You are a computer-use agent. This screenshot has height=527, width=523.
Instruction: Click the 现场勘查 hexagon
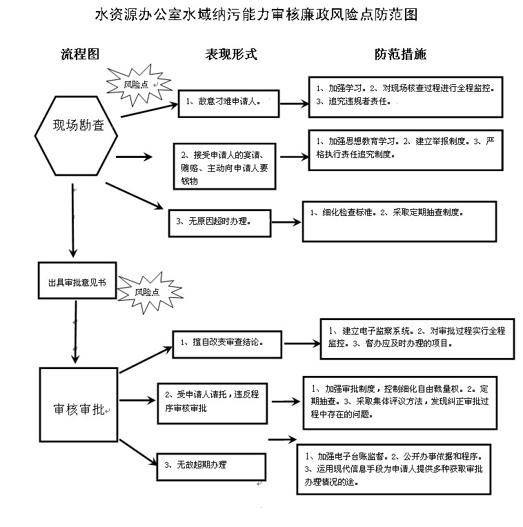[77, 136]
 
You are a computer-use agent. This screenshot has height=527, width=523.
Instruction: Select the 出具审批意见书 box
[77, 280]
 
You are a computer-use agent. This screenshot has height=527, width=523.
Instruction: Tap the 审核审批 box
[79, 405]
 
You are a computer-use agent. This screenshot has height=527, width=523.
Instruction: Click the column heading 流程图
[80, 54]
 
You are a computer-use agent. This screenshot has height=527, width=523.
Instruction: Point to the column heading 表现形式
[231, 54]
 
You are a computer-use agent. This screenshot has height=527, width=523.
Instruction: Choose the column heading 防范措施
[401, 54]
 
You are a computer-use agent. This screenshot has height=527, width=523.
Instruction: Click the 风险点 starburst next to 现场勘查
[139, 85]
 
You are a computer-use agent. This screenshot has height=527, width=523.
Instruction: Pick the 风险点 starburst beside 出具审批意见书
[150, 292]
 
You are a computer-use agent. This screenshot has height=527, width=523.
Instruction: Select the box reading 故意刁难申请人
[228, 103]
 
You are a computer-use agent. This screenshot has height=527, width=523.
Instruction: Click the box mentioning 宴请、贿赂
[224, 166]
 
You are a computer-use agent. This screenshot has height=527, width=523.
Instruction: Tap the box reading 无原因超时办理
[220, 223]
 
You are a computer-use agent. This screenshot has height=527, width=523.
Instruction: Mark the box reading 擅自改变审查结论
[227, 344]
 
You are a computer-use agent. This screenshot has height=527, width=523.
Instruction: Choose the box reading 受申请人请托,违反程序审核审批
[213, 403]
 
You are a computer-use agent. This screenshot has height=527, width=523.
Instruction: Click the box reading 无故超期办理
[211, 467]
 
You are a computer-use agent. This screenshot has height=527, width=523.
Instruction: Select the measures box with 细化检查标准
[399, 221]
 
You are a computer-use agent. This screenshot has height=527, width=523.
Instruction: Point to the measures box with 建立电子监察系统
[417, 339]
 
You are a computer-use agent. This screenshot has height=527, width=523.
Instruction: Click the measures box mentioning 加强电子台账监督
[394, 469]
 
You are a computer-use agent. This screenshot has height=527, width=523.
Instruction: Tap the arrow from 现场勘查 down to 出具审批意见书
[73, 221]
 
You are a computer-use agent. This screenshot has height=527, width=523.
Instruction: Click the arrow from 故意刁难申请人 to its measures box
[295, 104]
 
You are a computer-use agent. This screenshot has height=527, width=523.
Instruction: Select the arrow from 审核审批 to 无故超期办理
[139, 453]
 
